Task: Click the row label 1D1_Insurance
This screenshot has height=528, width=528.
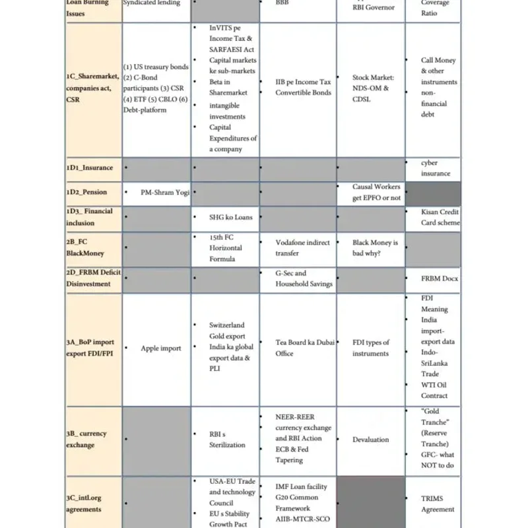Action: [90, 168]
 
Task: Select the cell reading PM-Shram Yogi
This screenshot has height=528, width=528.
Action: [165, 193]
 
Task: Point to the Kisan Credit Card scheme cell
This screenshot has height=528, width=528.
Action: [440, 217]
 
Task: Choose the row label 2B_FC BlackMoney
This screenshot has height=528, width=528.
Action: [85, 247]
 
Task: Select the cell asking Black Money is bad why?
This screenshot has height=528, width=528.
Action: [375, 247]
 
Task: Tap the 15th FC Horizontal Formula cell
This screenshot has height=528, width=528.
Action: [226, 247]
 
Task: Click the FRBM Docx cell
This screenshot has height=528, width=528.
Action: [440, 279]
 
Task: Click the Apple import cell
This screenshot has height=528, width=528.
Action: [161, 348]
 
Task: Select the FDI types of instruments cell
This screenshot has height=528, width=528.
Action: [371, 348]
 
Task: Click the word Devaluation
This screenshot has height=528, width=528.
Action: [371, 440]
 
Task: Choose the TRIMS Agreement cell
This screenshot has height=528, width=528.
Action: [438, 504]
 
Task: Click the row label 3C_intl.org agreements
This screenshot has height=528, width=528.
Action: [84, 504]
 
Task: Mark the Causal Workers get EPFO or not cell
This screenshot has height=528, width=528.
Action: [376, 192]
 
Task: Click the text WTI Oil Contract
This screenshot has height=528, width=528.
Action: [434, 390]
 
